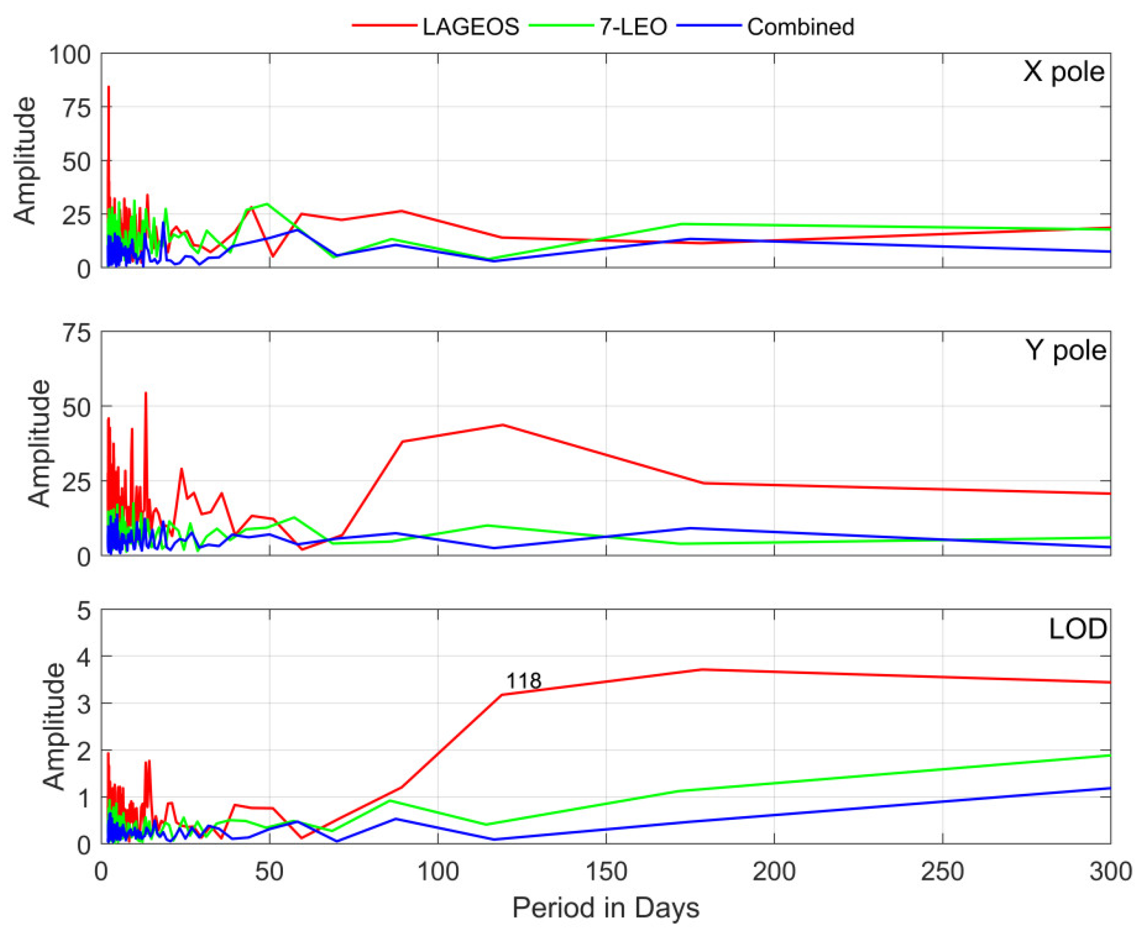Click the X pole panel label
[x=1063, y=72]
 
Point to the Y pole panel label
[x=1065, y=351]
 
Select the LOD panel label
[x=1077, y=629]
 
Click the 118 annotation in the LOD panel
[x=523, y=681]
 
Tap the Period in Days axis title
[x=605, y=908]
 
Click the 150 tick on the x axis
[x=605, y=872]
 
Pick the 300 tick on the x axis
[x=1110, y=872]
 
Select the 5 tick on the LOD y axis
[x=83, y=611]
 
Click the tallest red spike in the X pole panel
[x=108, y=87]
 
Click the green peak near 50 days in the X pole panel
[x=267, y=204]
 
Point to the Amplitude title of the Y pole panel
[x=39, y=443]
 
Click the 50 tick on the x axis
[x=269, y=872]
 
